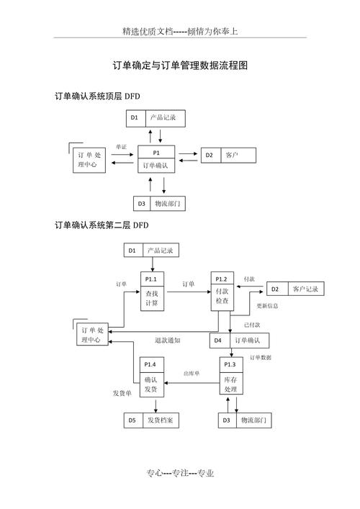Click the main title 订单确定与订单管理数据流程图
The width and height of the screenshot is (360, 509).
click(180, 66)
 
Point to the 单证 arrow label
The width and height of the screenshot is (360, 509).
click(121, 147)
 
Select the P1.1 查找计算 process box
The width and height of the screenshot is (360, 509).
click(152, 292)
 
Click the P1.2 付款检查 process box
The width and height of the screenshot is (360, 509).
click(222, 292)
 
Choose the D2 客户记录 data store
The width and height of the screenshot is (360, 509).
click(295, 289)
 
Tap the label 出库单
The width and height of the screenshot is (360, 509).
click(192, 374)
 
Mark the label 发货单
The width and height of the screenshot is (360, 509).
click(122, 393)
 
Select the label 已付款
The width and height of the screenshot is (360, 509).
click(253, 325)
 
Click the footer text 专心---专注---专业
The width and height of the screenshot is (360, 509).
click(180, 473)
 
